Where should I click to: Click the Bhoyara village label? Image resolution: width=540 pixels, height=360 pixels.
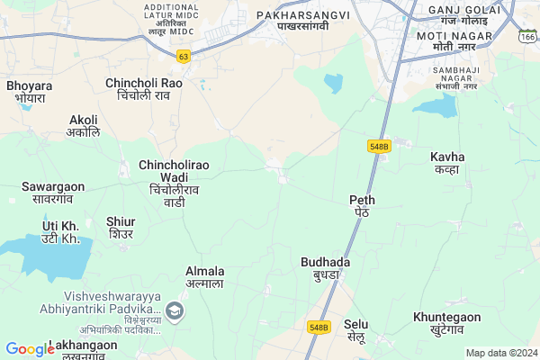29,93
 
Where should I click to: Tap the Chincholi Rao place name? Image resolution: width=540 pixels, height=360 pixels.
144,89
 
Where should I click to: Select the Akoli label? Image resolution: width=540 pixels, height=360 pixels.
84,125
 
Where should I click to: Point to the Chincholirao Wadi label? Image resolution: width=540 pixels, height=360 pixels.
175,184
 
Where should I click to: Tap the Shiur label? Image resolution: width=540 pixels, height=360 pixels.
121,228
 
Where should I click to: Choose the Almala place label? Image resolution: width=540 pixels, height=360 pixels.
205,277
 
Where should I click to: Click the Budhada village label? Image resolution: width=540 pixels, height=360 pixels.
326,268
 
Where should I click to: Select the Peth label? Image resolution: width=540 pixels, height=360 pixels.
364,205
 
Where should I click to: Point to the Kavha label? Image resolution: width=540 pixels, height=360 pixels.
447,163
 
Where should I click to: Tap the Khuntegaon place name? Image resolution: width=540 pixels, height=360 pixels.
447,323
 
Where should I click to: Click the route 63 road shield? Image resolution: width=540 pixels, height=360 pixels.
184,56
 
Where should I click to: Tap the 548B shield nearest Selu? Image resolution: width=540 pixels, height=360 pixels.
319,327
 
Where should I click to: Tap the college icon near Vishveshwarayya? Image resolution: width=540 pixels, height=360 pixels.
175,312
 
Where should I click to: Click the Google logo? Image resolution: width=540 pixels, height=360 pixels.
30,349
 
